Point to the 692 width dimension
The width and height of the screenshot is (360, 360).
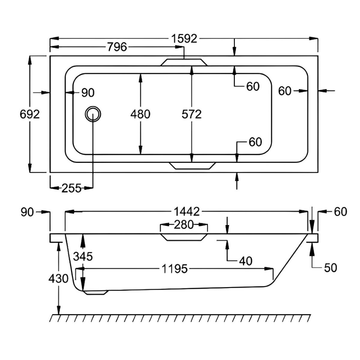point(30,114)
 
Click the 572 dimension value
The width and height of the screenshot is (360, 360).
point(192,114)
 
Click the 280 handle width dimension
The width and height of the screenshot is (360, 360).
point(184,225)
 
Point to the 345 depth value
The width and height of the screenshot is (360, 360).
point(83,256)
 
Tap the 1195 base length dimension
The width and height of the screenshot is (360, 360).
point(174,269)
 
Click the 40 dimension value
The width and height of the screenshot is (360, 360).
point(246,261)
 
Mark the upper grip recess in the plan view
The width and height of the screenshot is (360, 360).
point(184,62)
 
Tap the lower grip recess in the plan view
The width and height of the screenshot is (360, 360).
point(192,166)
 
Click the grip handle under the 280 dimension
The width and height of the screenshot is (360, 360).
point(184,237)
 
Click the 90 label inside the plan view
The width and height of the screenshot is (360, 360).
point(88,93)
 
